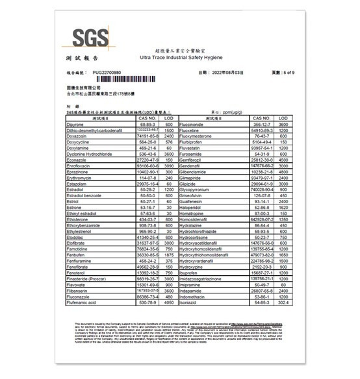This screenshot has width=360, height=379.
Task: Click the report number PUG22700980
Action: tap(107, 73)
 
